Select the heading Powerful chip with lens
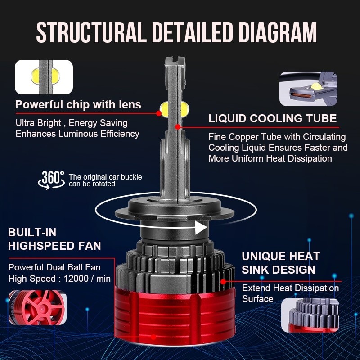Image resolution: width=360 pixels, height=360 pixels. pyautogui.click(x=78, y=105)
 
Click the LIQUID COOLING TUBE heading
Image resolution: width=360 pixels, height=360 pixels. pyautogui.click(x=272, y=119)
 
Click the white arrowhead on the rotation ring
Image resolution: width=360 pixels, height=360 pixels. pyautogui.click(x=201, y=228)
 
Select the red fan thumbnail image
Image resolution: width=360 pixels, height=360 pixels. pyautogui.click(x=37, y=307)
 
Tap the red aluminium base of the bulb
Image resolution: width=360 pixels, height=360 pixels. pyautogui.click(x=175, y=315)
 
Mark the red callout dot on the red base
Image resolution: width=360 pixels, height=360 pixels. pyautogui.click(x=153, y=337)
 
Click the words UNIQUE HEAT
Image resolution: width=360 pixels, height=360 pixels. pyautogui.click(x=280, y=256)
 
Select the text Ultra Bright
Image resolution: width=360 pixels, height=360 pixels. pyautogui.click(x=40, y=123)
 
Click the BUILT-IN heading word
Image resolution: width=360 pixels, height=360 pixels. pyautogui.click(x=32, y=233)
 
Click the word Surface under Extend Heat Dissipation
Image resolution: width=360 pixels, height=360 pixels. pyautogui.click(x=257, y=299)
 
